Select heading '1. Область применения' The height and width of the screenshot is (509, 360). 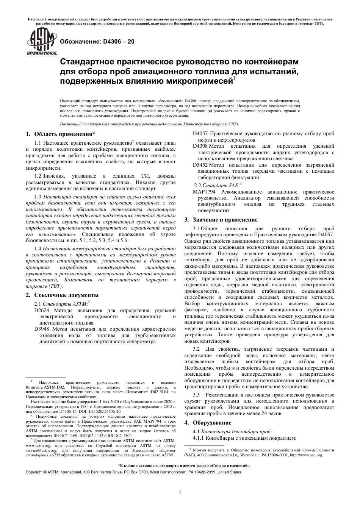(x=60, y=134)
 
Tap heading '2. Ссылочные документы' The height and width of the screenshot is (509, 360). (x=62, y=295)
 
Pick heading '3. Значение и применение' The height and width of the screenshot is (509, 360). (x=221, y=220)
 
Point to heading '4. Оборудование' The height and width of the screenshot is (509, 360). (x=212, y=422)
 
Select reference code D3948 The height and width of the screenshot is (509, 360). (x=41, y=329)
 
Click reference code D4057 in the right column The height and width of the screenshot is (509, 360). (x=200, y=134)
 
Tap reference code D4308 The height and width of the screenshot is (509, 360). (x=200, y=146)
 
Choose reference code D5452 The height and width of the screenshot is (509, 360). (x=200, y=165)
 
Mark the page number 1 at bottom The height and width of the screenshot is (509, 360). (x=180, y=492)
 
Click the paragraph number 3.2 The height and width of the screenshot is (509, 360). (x=196, y=349)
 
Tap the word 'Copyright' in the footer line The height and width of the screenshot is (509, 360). (x=34, y=472)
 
